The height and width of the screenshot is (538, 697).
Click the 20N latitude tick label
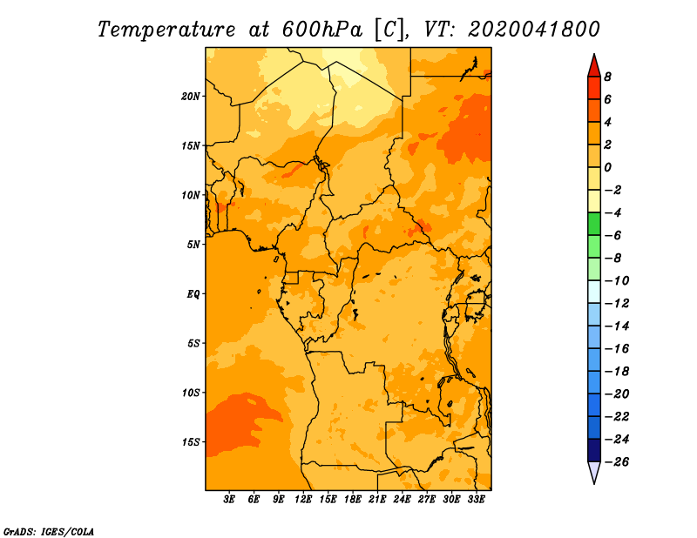pos(190,97)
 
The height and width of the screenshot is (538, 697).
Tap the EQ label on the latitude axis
pos(193,294)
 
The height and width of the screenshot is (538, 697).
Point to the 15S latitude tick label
pos(190,442)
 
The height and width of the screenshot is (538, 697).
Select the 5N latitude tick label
pos(193,245)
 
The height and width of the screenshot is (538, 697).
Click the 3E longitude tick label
pos(229,499)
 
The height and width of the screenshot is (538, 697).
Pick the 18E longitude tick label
pos(353,499)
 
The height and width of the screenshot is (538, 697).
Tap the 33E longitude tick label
pos(476,499)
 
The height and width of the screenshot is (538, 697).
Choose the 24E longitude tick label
pos(402,499)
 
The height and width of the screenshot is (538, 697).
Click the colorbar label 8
pos(607,77)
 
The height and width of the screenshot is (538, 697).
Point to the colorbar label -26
pos(617,462)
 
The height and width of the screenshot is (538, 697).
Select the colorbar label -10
pos(617,281)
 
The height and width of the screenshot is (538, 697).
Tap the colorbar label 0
pos(607,167)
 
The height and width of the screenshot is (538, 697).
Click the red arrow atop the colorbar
pos(594,66)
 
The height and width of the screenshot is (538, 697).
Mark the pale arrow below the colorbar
pos(594,472)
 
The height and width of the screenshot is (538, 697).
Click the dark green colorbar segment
pos(594,224)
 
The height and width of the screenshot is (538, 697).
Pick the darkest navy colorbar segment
pos(594,450)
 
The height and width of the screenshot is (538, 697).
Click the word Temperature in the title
pos(166,30)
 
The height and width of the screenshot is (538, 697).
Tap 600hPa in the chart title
pos(322,30)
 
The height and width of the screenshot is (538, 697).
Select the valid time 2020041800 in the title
pos(534,30)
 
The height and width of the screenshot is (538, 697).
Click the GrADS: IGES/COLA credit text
pos(49,532)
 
